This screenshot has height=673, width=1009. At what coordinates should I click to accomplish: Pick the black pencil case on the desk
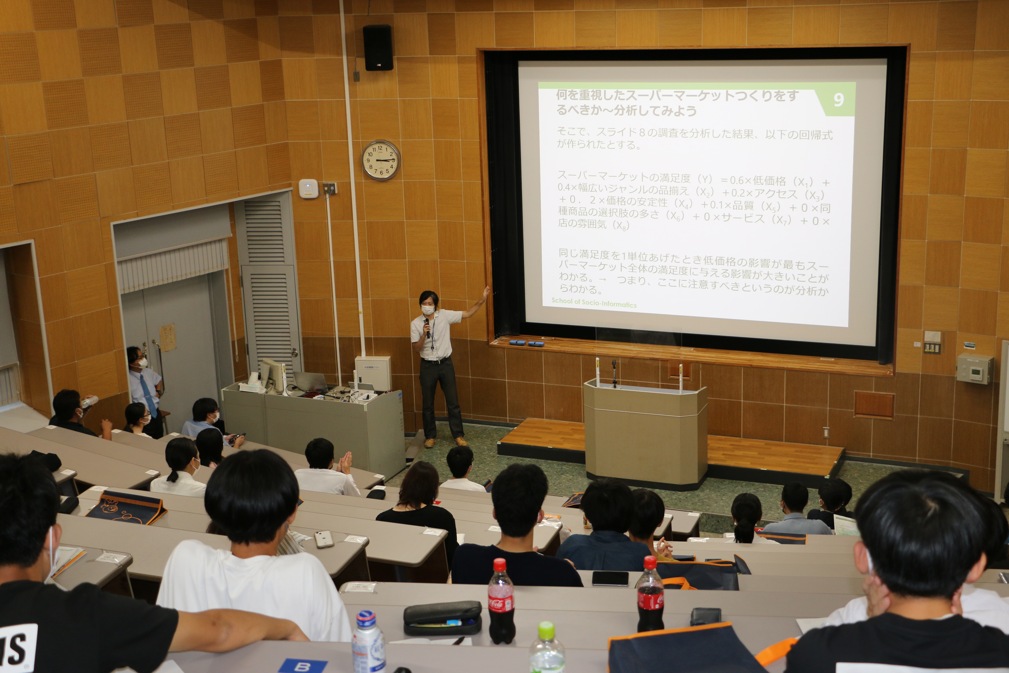[x=442, y=617]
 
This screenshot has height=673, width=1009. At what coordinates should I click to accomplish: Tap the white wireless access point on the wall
[x=308, y=189]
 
